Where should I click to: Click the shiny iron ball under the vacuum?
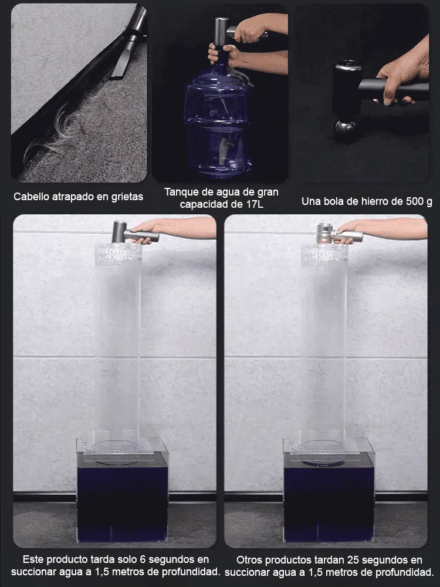(345, 129)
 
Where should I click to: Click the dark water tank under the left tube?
(123, 496)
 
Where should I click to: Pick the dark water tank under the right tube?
(329, 496)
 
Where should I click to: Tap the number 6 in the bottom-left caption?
(142, 559)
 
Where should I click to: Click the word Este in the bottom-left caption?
(32, 559)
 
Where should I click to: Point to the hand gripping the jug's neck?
(221, 53)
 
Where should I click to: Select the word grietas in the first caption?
(127, 197)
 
